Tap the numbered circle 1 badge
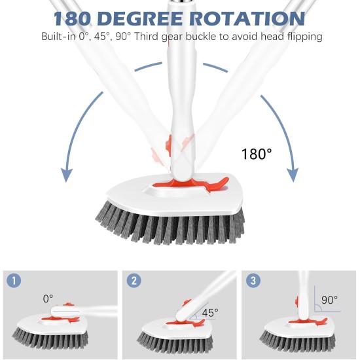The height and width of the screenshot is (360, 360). [14, 281]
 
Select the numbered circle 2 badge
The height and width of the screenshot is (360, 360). [134, 281]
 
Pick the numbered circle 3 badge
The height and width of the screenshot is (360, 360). [253, 281]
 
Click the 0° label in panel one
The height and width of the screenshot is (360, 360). [48, 298]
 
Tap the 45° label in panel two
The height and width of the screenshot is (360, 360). [209, 313]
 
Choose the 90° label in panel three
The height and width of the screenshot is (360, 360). [329, 300]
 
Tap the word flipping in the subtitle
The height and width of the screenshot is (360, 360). [302, 36]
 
